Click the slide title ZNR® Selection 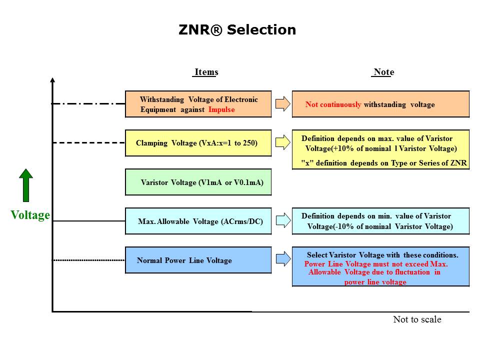point(237,30)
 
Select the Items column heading point(205,72)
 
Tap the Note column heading point(383,72)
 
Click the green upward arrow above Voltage point(26,184)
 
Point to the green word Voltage point(30,215)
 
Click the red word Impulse point(221,109)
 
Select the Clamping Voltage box point(198,143)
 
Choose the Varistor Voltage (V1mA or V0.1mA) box point(198,182)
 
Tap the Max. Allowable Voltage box point(198,221)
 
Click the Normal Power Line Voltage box point(198,260)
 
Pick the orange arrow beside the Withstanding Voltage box point(282,104)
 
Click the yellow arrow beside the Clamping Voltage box point(282,143)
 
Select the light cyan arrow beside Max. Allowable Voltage point(282,220)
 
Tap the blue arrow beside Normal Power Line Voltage point(282,259)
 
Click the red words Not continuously point(333,104)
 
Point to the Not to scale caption point(417,319)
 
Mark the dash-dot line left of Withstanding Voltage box point(88,103)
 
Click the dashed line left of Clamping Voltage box point(88,142)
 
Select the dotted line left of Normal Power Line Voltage point(88,260)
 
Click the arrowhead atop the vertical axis point(52,80)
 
